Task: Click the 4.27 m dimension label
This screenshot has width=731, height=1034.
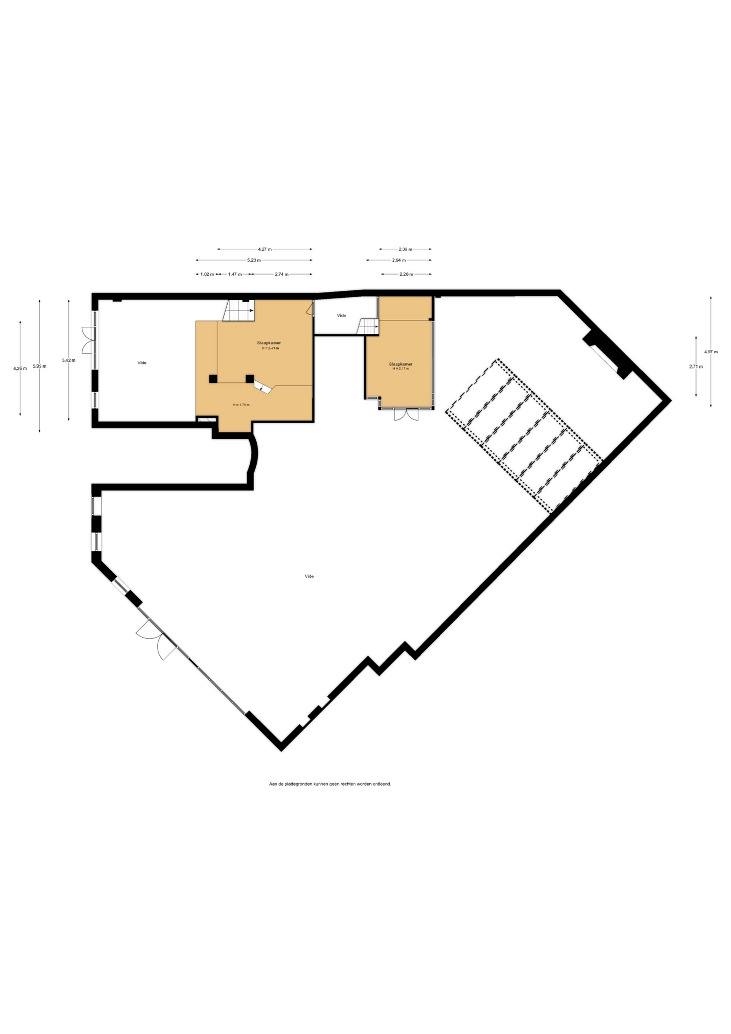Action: pyautogui.click(x=265, y=249)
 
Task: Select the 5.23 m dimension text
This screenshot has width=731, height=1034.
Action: pyautogui.click(x=254, y=260)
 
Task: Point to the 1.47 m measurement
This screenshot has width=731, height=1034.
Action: pyautogui.click(x=235, y=274)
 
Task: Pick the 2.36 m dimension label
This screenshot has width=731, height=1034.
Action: pyautogui.click(x=405, y=249)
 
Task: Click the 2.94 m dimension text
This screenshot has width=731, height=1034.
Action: pyautogui.click(x=399, y=260)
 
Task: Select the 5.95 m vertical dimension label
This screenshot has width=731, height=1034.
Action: pyautogui.click(x=39, y=366)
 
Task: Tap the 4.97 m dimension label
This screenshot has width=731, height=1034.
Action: pyautogui.click(x=711, y=352)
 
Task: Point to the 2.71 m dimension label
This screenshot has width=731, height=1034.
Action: pyautogui.click(x=696, y=366)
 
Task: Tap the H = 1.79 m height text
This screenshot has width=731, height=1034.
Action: pyautogui.click(x=241, y=404)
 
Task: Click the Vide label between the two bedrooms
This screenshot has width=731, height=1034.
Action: pyautogui.click(x=341, y=316)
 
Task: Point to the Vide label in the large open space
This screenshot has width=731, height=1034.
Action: pyautogui.click(x=309, y=576)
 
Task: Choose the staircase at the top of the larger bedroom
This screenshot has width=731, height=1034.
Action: pyautogui.click(x=239, y=311)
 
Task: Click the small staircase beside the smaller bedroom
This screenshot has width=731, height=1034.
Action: pyautogui.click(x=369, y=326)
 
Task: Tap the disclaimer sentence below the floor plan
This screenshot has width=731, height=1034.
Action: pyautogui.click(x=330, y=784)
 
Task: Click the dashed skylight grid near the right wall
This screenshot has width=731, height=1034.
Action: pyautogui.click(x=524, y=435)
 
